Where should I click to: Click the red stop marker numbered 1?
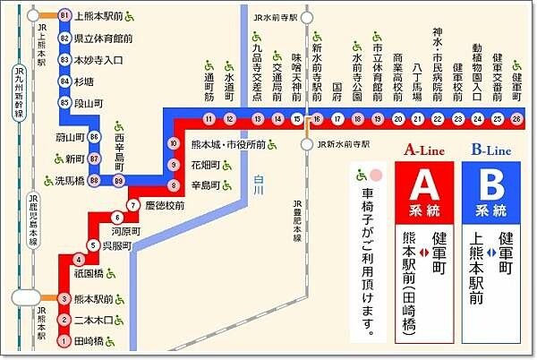(64, 341)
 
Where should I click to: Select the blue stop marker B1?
(64, 16)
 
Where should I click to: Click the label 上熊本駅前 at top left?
(99, 16)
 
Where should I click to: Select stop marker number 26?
(516, 118)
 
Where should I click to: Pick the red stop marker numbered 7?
(132, 205)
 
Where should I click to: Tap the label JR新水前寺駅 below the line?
(344, 143)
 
